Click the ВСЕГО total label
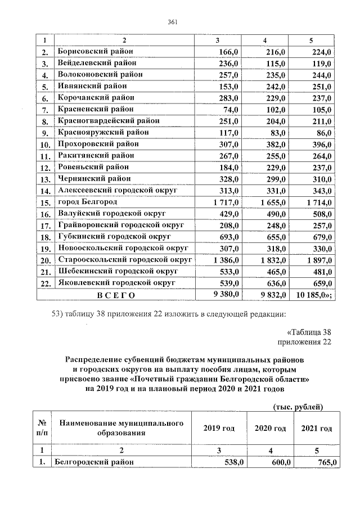click(x=116, y=294)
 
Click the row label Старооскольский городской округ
click(x=124, y=259)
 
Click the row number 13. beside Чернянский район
click(x=45, y=179)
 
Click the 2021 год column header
click(x=317, y=429)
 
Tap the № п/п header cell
click(x=42, y=428)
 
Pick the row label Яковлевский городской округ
click(x=116, y=282)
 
